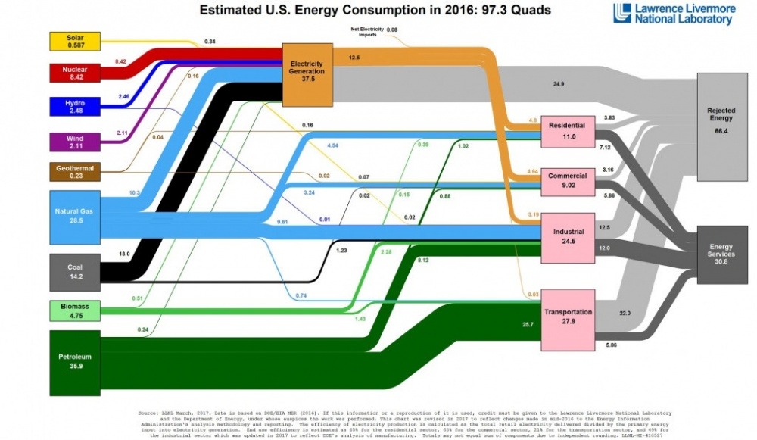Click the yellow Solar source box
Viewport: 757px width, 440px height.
coord(73,42)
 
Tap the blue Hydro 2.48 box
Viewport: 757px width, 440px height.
coord(73,106)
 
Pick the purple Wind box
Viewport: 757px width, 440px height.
coord(73,142)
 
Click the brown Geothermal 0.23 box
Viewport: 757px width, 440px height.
coord(73,172)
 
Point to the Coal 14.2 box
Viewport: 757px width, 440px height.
coord(73,272)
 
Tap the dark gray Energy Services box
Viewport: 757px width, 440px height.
coord(721,254)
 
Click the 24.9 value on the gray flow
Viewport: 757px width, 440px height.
coord(559,83)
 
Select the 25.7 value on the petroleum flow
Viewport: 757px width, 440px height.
coord(528,324)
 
